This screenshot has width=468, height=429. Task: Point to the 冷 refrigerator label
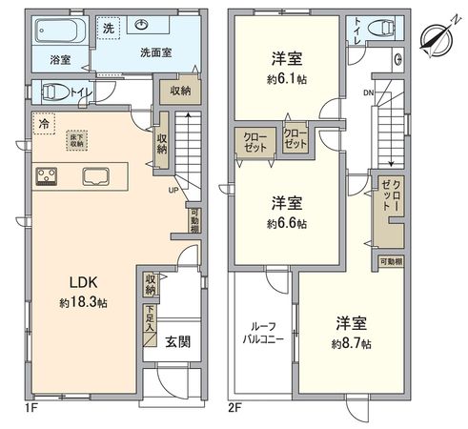click(45, 124)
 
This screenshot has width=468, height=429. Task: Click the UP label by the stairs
click(173, 190)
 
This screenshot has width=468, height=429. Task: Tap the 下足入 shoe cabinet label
click(151, 318)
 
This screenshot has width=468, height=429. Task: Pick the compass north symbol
click(437, 38)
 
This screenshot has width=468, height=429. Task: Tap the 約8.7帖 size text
click(352, 342)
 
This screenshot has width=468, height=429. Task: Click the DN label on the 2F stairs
click(367, 92)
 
